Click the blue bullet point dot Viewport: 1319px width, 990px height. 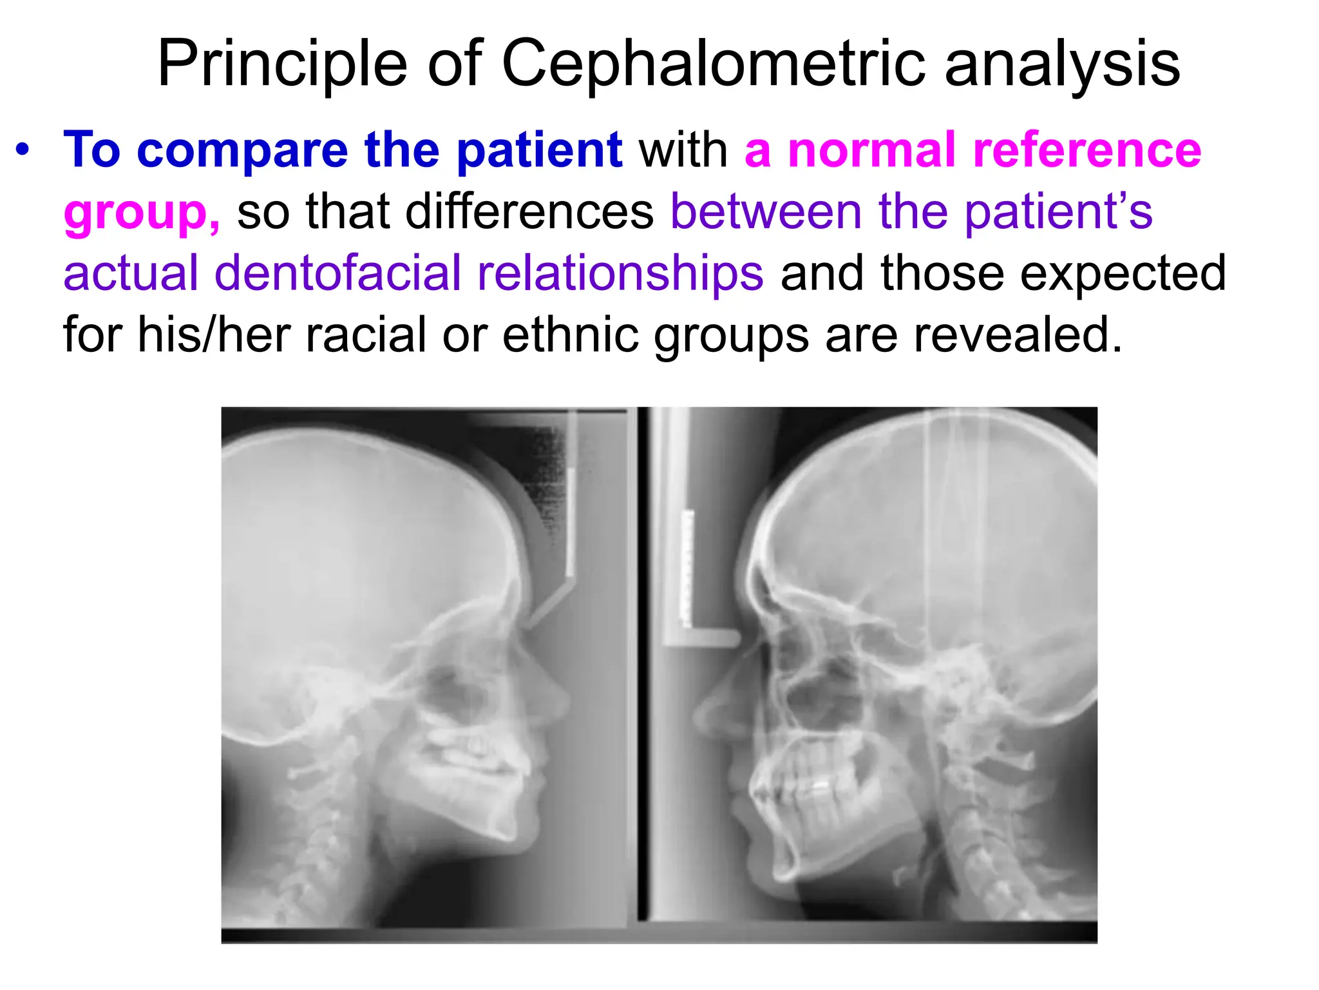pos(23,150)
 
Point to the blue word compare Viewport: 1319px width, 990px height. pos(242,150)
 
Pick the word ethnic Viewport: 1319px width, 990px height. pos(570,335)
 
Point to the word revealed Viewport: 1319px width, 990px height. pos(1018,335)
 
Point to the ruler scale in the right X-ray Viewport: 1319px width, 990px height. pos(688,567)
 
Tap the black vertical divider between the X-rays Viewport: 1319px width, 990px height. pos(642,664)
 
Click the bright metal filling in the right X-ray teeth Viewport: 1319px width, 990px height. pos(820,786)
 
